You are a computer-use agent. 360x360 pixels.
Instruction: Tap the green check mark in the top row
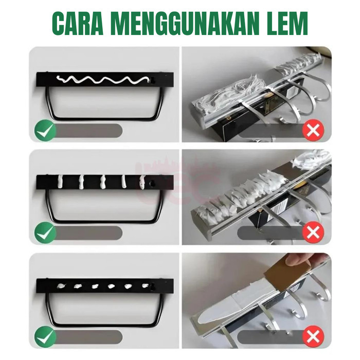coord(45,131)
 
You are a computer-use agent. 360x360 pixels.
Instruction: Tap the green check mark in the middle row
coord(45,233)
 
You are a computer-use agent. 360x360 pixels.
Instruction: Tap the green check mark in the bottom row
coord(45,337)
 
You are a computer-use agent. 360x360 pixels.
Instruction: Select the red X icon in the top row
coord(313,131)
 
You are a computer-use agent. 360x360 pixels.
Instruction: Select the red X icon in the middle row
coord(313,233)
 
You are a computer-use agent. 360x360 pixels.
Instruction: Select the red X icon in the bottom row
coord(313,337)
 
